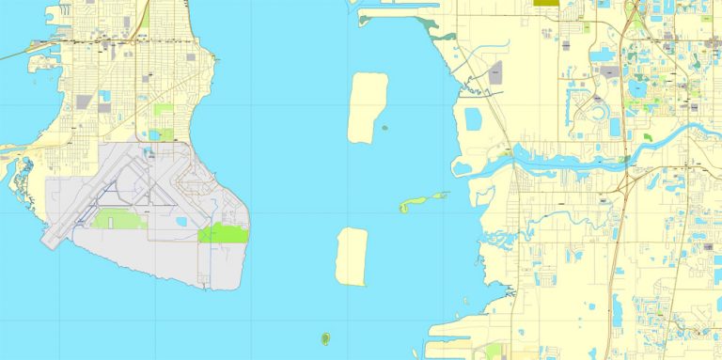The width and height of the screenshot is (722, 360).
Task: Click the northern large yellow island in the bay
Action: point(367,108)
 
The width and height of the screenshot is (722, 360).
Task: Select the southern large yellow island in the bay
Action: point(352,257)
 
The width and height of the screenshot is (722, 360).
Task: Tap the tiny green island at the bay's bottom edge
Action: point(325,338)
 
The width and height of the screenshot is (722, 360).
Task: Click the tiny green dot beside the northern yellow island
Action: point(384,128)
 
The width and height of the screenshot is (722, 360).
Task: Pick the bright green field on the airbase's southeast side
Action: point(224,233)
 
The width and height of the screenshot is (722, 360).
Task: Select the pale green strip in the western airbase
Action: point(118,219)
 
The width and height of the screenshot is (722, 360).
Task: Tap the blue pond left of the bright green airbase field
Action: point(180,222)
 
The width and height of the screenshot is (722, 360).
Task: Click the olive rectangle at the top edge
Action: point(545,3)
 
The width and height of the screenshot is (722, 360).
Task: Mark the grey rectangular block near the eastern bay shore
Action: point(495,72)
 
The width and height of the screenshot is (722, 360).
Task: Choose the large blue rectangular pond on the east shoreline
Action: point(472,119)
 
